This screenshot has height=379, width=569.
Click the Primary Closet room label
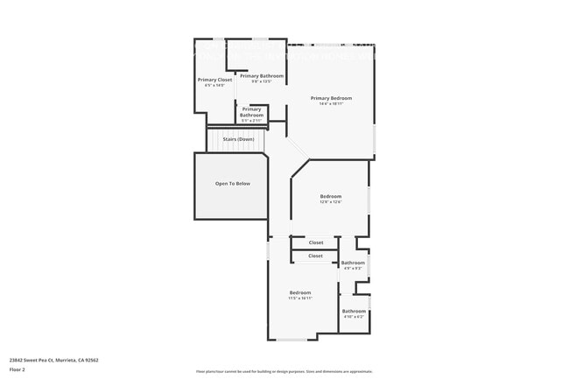coord(214,80)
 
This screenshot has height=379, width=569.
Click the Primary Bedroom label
coord(331,98)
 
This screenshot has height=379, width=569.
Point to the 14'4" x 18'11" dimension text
coord(331,104)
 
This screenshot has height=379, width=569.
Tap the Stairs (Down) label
coord(238,139)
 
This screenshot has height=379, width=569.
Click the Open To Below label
coord(233,184)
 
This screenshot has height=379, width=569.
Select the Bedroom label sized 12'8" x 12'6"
coord(330,196)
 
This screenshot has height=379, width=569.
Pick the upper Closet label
coord(316,242)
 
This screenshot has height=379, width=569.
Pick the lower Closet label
coord(315,256)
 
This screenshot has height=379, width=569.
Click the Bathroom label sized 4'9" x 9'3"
coord(353,263)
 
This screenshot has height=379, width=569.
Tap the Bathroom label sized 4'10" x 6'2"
coord(354,311)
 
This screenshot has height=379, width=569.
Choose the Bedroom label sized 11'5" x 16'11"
coord(300,292)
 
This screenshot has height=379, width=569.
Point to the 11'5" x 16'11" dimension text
coord(300,298)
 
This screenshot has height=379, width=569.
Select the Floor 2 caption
coord(18,369)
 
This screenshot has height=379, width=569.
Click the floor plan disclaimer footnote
coord(284,372)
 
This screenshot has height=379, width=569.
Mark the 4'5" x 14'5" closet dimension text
coord(214,86)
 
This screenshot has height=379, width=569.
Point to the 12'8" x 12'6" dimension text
coord(330,202)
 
